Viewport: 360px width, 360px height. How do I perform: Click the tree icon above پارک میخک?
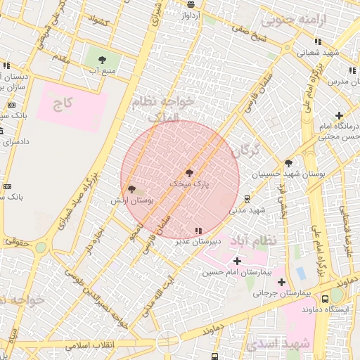click(x=188, y=172)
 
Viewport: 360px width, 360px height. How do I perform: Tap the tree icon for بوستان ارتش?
click(x=131, y=189)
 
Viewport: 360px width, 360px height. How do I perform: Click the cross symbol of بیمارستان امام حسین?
click(x=236, y=261)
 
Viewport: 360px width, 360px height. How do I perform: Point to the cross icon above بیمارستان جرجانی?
click(x=281, y=282)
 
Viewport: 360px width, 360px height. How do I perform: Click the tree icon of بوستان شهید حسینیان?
click(x=288, y=163)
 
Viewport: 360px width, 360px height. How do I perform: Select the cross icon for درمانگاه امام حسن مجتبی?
click(x=339, y=115)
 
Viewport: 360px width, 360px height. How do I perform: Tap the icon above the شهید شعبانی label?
click(x=318, y=41)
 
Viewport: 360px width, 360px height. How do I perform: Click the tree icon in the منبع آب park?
click(x=103, y=60)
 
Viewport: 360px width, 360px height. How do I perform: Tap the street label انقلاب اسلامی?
click(x=84, y=347)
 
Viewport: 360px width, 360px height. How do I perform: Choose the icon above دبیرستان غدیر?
click(x=198, y=230)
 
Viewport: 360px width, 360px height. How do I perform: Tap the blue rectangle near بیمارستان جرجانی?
click(x=302, y=272)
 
